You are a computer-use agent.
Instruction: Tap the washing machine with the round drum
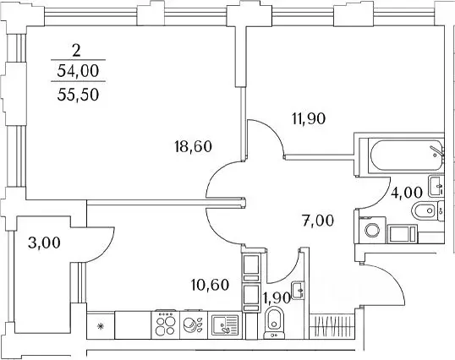click(372, 228)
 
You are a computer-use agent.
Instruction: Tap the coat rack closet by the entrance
click(330, 326)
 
